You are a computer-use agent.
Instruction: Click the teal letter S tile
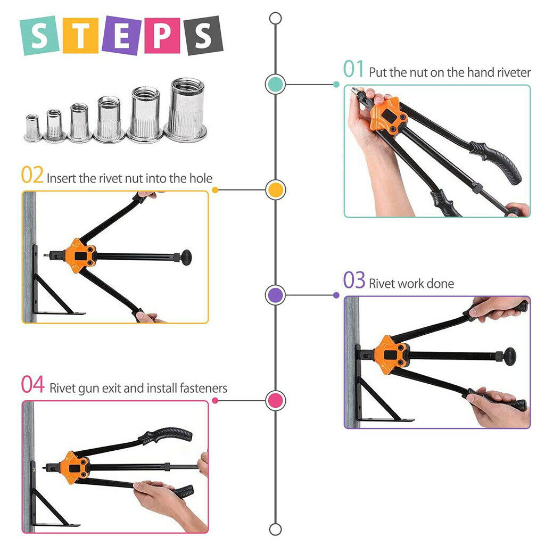pos(39,36)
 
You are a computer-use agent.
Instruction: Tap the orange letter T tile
pos(81,36)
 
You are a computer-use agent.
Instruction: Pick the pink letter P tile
pos(162,36)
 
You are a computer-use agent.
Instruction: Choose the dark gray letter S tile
pos(203,36)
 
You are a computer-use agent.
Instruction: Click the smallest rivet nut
pos(32,127)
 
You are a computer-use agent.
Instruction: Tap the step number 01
pos(353,69)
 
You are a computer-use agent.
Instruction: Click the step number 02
pos(32,175)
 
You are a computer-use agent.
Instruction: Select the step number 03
pos(354,280)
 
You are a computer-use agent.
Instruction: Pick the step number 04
pos(32,384)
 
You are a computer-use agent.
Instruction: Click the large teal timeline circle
pos(275,84)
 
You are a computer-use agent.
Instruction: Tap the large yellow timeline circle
pos(276,190)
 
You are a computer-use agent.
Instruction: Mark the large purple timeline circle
pos(275,295)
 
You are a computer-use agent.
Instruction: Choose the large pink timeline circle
pos(276,400)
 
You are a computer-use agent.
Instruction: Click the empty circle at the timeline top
pos(275,19)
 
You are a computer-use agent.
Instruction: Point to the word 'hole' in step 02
pos(201,178)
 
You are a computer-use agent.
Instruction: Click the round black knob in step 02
pos(186,258)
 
